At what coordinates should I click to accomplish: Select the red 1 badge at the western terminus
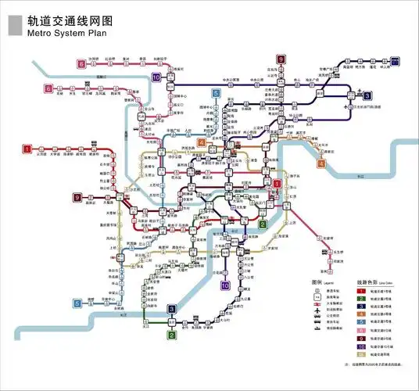(27, 149)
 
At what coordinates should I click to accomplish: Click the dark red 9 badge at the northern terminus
(281, 59)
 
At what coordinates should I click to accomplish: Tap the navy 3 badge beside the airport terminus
(396, 59)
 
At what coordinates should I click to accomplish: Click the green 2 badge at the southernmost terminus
(171, 335)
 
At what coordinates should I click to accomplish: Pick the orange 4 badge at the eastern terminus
(321, 164)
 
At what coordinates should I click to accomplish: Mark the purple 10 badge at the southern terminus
(225, 287)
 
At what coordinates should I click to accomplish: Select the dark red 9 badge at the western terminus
(77, 197)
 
